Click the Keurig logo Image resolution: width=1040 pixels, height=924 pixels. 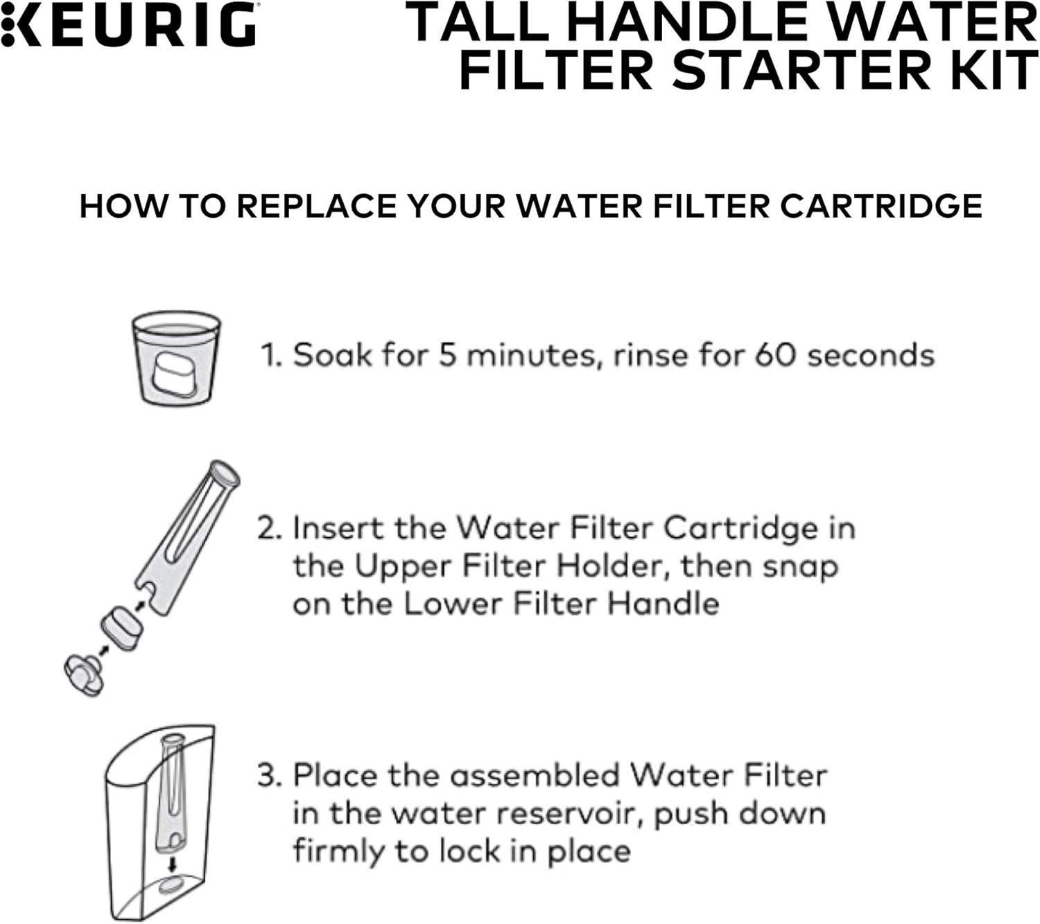click(x=129, y=24)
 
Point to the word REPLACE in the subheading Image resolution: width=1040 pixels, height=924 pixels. click(x=317, y=207)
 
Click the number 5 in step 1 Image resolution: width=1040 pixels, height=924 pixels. click(x=447, y=355)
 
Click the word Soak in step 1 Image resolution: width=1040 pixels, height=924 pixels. click(x=332, y=355)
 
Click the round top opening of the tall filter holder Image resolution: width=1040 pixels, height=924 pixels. click(x=227, y=473)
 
